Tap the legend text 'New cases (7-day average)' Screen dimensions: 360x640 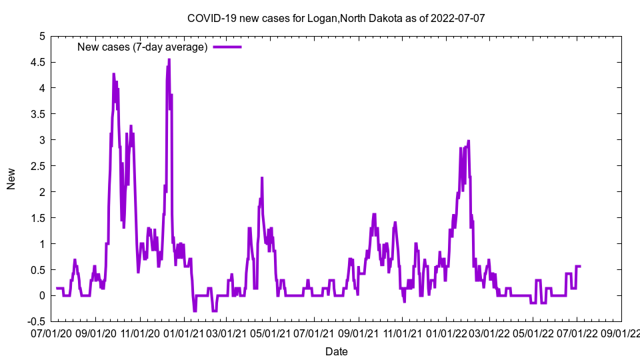point(143,47)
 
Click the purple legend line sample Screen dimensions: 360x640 point(227,47)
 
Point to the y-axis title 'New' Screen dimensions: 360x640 point(11,178)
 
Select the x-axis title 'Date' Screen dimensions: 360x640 point(336,351)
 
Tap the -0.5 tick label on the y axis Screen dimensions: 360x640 point(34,321)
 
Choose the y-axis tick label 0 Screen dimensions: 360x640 point(42,296)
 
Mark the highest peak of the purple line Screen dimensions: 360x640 point(169,59)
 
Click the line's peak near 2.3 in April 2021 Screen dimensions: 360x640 point(262,178)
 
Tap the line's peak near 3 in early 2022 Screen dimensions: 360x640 point(469,141)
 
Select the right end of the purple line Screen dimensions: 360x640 point(580,266)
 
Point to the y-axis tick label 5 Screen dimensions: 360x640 point(42,36)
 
